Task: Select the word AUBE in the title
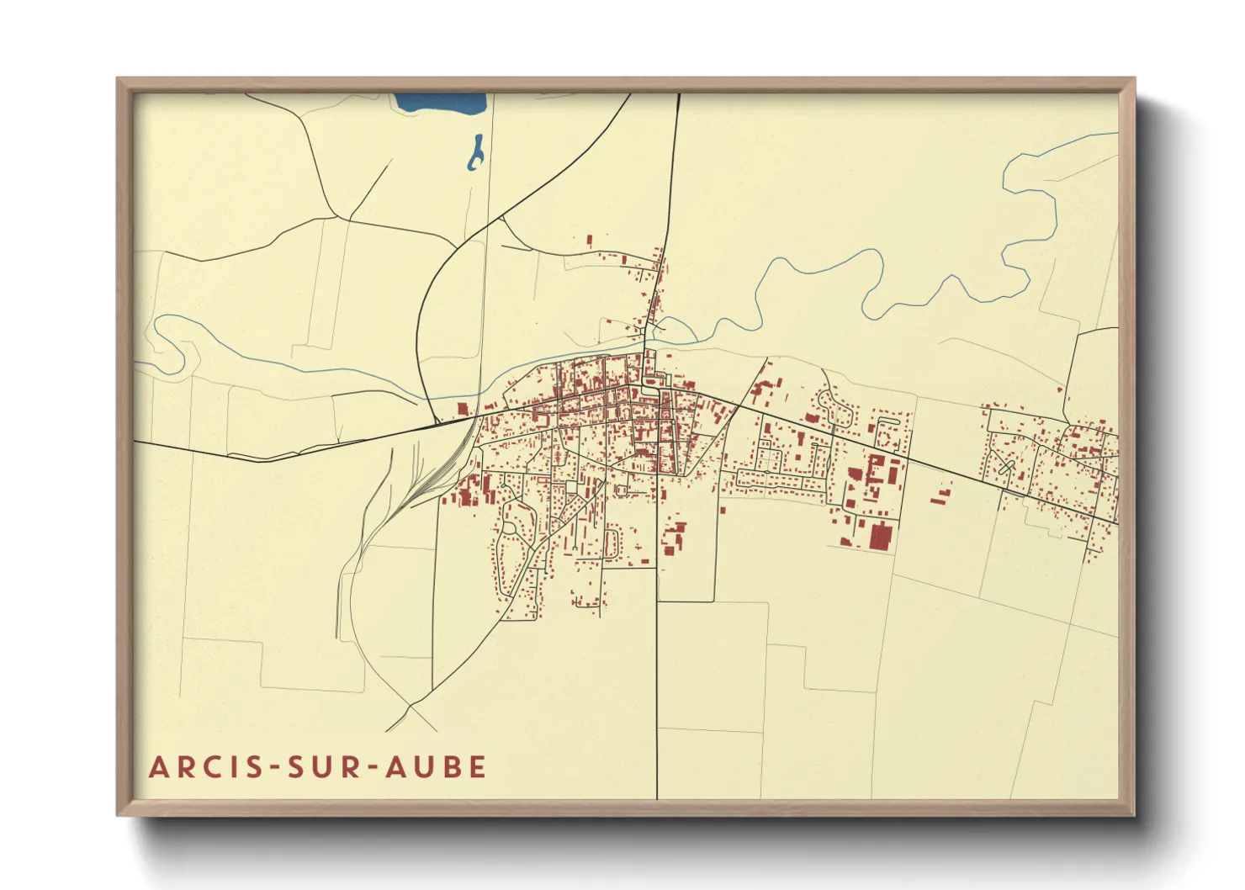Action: pyautogui.click(x=437, y=767)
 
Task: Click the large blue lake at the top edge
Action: pyautogui.click(x=441, y=103)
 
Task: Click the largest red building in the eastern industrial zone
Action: pyautogui.click(x=879, y=537)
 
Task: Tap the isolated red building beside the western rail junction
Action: pyautogui.click(x=462, y=409)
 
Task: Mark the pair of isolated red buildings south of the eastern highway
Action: pyautogui.click(x=940, y=495)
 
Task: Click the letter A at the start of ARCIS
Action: pyautogui.click(x=158, y=767)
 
